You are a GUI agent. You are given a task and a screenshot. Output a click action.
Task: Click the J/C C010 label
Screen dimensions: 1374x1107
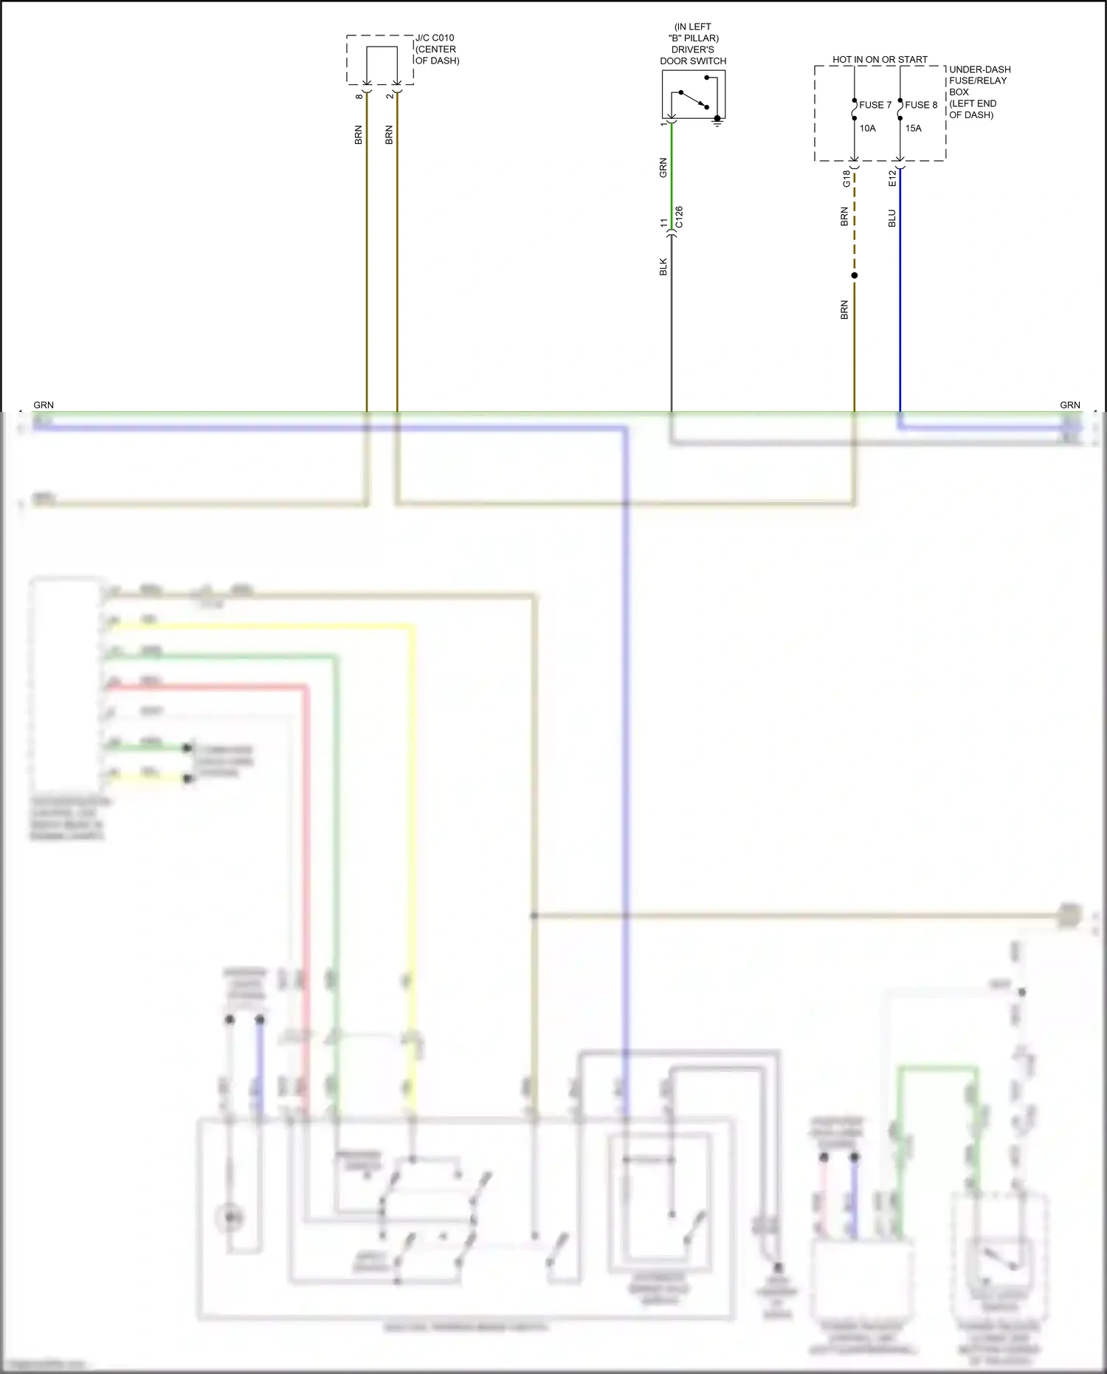tap(435, 38)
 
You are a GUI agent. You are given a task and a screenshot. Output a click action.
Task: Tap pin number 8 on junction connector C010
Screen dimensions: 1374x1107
tap(359, 96)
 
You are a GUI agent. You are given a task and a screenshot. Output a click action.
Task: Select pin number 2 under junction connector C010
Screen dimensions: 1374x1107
tap(389, 96)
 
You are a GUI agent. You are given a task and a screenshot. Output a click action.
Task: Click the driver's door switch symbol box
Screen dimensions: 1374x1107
tap(693, 94)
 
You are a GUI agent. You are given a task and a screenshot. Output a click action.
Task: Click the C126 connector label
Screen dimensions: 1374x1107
tap(679, 216)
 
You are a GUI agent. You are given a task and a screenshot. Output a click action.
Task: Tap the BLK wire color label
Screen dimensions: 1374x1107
tap(663, 267)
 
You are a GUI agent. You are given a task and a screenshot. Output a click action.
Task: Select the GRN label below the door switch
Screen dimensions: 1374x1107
tap(663, 168)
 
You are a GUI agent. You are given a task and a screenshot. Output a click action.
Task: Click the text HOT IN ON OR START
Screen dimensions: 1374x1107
tap(880, 60)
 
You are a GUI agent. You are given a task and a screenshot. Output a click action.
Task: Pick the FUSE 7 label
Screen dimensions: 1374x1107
tap(875, 105)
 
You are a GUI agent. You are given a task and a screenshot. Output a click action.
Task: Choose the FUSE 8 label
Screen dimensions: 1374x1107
tap(921, 105)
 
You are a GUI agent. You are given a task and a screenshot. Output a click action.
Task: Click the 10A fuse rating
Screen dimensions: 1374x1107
tap(868, 128)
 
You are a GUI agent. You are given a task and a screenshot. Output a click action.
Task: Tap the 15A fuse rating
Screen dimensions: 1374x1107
tap(914, 128)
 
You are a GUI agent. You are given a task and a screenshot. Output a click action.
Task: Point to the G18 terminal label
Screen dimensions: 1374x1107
tap(846, 179)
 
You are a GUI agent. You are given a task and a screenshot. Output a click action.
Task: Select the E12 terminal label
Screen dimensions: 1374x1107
tap(892, 178)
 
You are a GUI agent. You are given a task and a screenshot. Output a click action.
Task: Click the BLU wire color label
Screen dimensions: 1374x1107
tap(892, 218)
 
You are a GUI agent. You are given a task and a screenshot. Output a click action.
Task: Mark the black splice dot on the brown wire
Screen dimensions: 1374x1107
tap(855, 275)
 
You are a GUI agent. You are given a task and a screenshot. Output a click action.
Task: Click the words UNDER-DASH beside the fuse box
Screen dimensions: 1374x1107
tap(979, 69)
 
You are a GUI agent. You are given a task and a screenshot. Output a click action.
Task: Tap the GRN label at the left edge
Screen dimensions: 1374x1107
tap(44, 405)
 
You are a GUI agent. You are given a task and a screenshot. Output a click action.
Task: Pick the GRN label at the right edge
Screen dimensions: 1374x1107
tap(1069, 405)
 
